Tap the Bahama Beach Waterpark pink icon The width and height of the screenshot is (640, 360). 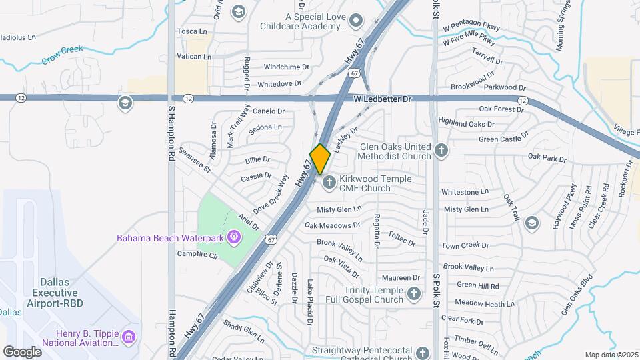pos(234,237)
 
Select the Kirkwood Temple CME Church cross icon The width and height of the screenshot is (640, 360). pos(329,183)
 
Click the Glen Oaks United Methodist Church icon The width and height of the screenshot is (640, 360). pos(441,151)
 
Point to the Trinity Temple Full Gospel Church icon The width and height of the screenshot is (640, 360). pos(414,294)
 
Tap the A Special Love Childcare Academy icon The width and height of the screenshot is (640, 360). pos(357,21)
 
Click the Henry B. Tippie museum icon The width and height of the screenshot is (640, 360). pos(129,337)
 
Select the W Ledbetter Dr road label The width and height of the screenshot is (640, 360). pos(383,99)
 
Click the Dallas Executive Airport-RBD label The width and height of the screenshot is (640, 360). pos(49,287)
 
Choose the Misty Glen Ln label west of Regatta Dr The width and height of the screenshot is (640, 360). pos(339,209)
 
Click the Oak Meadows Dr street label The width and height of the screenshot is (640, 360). pos(332,225)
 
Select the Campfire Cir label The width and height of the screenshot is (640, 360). pos(197,254)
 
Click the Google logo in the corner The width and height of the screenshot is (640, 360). pos(22,351)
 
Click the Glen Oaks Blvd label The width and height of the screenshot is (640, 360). pos(577,293)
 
